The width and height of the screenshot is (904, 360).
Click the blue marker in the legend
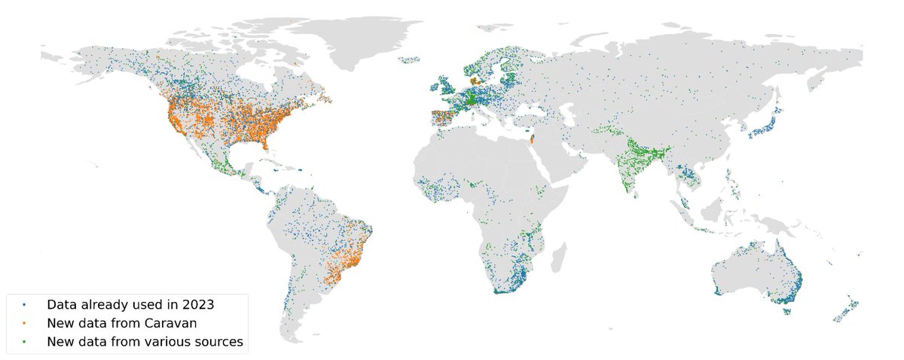click(x=25, y=306)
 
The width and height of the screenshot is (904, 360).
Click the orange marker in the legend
click(x=25, y=324)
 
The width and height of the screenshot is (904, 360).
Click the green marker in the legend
click(x=25, y=342)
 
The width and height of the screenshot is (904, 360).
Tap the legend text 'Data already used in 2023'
click(x=130, y=306)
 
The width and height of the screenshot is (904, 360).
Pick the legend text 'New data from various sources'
click(x=145, y=342)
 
